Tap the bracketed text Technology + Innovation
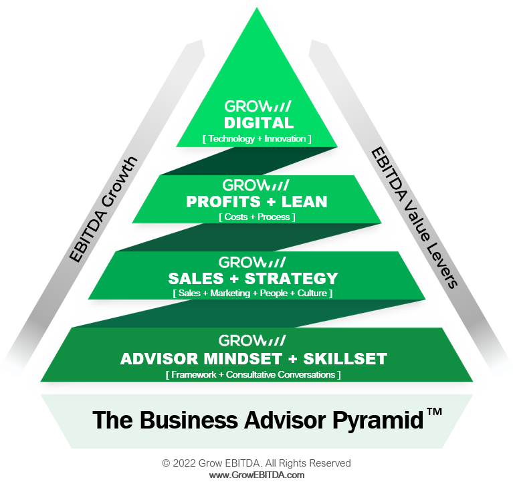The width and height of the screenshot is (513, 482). tap(258, 138)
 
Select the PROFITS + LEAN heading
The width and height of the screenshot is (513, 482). tap(256, 201)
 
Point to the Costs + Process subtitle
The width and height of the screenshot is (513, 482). tap(256, 217)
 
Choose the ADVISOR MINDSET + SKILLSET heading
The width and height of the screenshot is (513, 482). tap(253, 359)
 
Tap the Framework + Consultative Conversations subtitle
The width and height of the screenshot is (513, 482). tap(253, 374)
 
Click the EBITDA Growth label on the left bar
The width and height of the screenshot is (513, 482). tap(104, 208)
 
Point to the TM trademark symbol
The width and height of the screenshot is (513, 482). tap(434, 413)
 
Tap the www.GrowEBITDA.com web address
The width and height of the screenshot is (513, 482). tap(256, 475)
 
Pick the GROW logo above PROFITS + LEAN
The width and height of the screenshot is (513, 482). tap(256, 185)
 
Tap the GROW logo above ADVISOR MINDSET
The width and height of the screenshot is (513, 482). tap(253, 340)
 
